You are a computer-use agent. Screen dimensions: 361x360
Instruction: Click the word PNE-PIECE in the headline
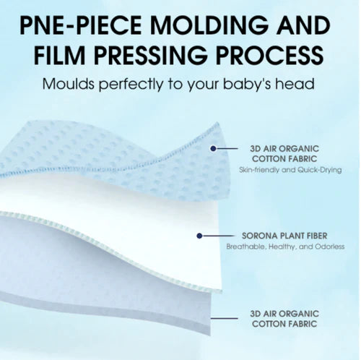(81, 25)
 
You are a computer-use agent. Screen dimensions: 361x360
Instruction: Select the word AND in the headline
(303, 25)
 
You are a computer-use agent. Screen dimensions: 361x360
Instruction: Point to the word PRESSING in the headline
(150, 55)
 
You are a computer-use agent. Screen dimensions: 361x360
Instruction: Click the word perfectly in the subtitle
(131, 85)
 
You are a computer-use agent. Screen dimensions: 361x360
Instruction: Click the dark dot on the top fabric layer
(213, 148)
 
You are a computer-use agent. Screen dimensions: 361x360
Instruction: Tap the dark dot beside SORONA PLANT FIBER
(199, 236)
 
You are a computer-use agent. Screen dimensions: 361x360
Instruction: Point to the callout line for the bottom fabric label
(225, 318)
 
